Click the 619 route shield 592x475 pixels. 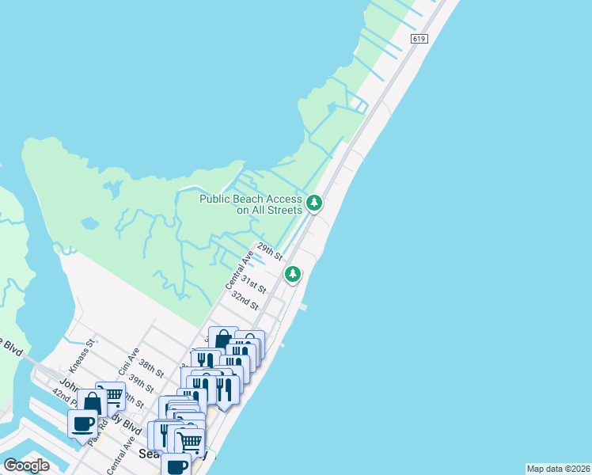pos(419,38)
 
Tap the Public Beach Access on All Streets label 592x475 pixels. pos(250,204)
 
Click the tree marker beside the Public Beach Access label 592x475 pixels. pos(314,203)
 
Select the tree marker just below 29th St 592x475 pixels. pos(294,274)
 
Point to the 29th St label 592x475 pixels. pos(269,252)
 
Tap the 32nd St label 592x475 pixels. pos(245,301)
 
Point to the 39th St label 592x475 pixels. pos(141,384)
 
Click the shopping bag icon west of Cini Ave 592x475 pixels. pos(92,402)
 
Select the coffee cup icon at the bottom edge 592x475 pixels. pos(176,465)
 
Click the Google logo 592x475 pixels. pos(26,465)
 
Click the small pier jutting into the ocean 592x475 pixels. pos(302,306)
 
